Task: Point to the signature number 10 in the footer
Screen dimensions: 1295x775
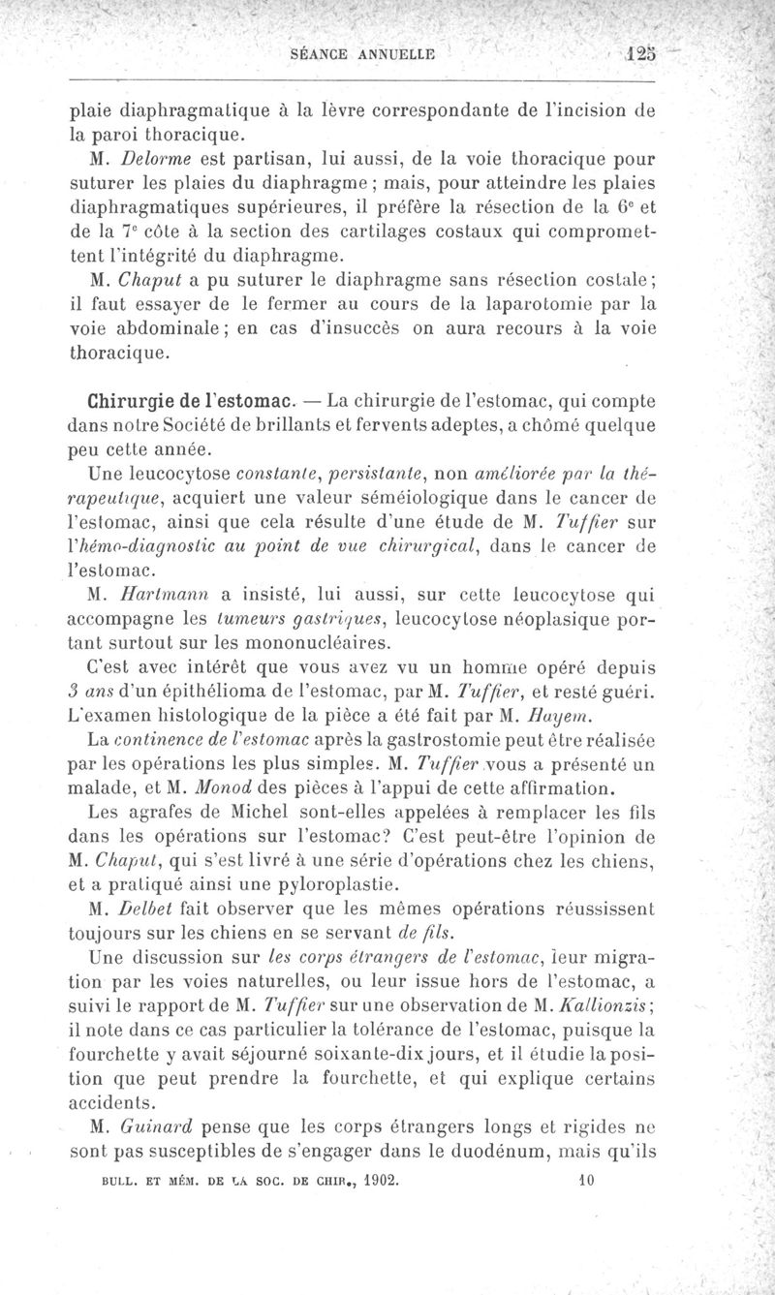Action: point(584,1182)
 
